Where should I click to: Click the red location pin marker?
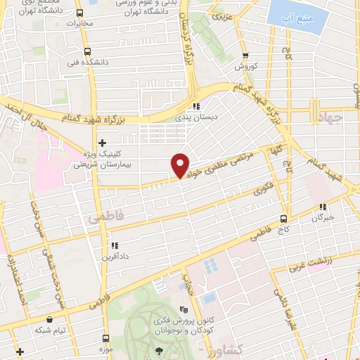[181, 165]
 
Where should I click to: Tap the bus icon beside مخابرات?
[78, 13]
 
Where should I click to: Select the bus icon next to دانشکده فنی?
[87, 51]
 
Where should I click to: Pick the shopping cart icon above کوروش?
[245, 56]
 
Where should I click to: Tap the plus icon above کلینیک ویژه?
[102, 143]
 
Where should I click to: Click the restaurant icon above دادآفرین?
[113, 246]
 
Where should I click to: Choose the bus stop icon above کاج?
[284, 219]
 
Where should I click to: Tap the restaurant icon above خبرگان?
[323, 207]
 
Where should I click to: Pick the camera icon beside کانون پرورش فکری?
[185, 309]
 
